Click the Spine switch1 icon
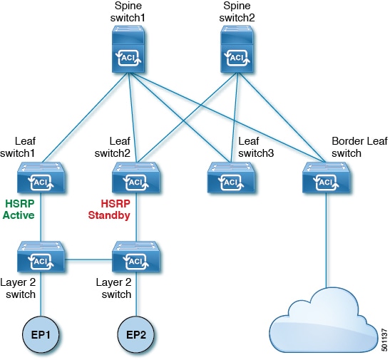(130, 52)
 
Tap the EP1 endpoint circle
(40, 332)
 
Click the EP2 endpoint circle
(136, 332)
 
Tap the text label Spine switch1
(130, 11)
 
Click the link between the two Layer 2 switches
(88, 259)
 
